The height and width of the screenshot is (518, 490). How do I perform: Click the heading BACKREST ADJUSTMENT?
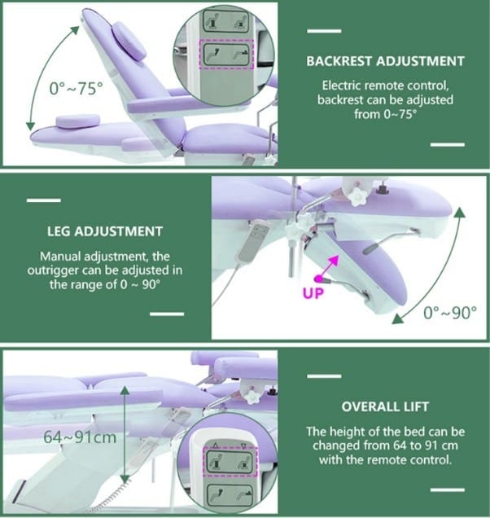[385, 61]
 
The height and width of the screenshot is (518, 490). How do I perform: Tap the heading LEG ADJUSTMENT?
[105, 231]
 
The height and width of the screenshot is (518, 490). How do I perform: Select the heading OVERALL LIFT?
[385, 406]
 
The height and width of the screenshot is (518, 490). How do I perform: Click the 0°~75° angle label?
[77, 89]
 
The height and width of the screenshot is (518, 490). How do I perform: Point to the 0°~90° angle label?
[450, 312]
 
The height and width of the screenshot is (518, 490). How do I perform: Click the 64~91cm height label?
[80, 437]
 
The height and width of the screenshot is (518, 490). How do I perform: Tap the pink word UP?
[313, 293]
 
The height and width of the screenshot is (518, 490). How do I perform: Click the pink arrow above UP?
[327, 268]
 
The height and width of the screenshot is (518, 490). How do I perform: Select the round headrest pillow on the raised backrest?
[129, 41]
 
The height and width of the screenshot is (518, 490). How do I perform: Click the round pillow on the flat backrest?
[77, 121]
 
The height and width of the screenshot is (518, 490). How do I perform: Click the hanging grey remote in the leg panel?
[253, 240]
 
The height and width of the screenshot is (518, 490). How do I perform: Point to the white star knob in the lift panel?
[252, 397]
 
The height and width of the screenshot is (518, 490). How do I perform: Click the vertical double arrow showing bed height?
[125, 436]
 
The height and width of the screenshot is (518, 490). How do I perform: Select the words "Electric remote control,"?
[385, 86]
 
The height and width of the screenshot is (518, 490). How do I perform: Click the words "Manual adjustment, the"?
[105, 257]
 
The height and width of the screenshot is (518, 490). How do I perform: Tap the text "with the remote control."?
[385, 459]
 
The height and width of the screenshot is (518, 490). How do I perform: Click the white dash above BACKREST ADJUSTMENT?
[324, 31]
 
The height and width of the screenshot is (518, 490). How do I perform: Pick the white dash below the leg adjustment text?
[167, 314]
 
